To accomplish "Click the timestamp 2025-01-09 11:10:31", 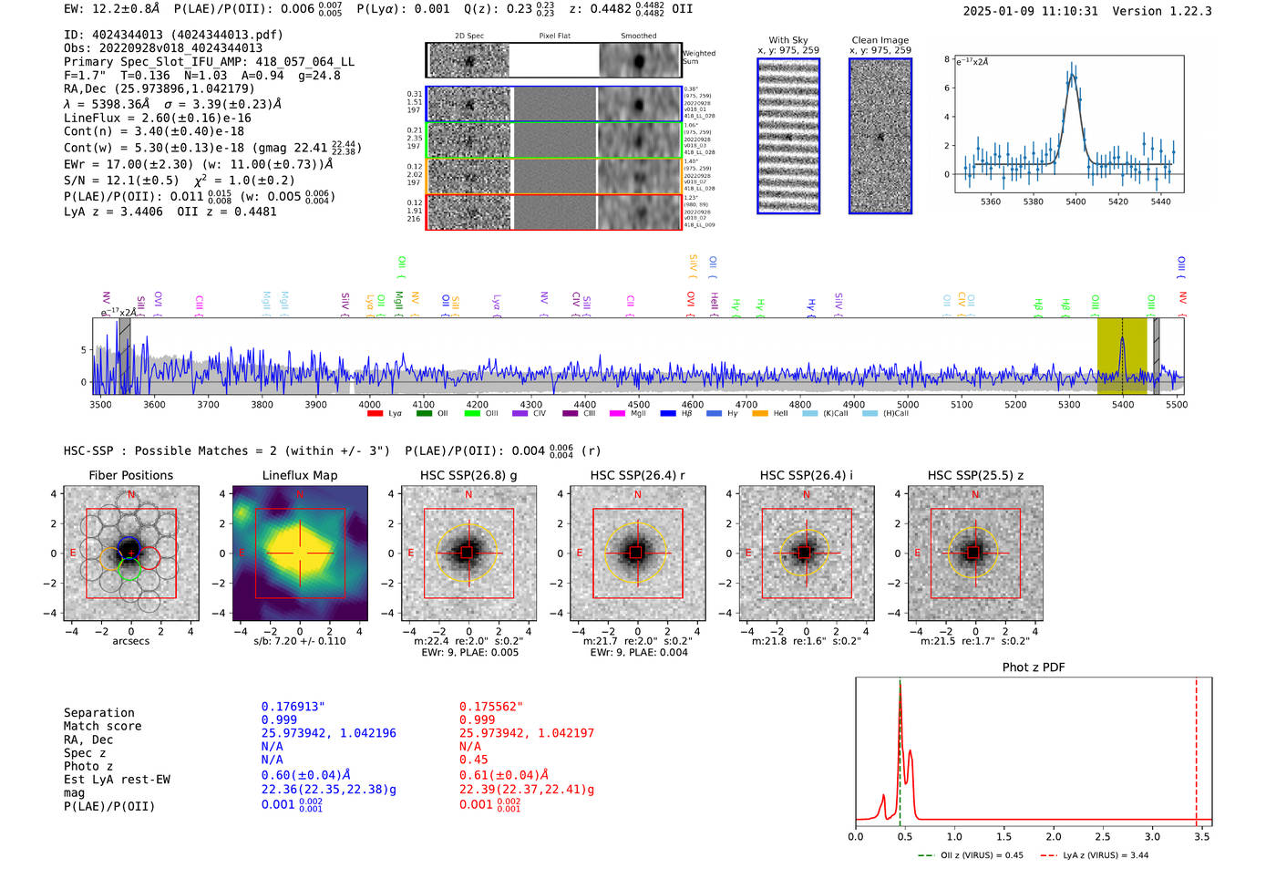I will [x=1030, y=11].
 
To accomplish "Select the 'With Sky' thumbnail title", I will [x=787, y=40].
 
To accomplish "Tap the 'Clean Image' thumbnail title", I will [x=880, y=40].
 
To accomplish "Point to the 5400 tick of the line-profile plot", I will [x=1075, y=202].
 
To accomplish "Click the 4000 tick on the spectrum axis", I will [x=369, y=404].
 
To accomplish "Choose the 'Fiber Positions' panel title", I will [x=130, y=475].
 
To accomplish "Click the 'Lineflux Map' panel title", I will [x=299, y=475].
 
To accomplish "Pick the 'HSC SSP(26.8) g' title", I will [x=468, y=475].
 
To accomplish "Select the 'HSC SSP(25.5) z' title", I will [x=975, y=475].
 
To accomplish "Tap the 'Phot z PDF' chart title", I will [x=1034, y=667].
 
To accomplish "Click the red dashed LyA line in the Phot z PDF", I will [x=1197, y=748].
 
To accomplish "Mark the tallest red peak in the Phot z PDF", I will [x=900, y=686].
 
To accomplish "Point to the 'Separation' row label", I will [x=98, y=713].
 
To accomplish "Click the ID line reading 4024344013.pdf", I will [x=173, y=35].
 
